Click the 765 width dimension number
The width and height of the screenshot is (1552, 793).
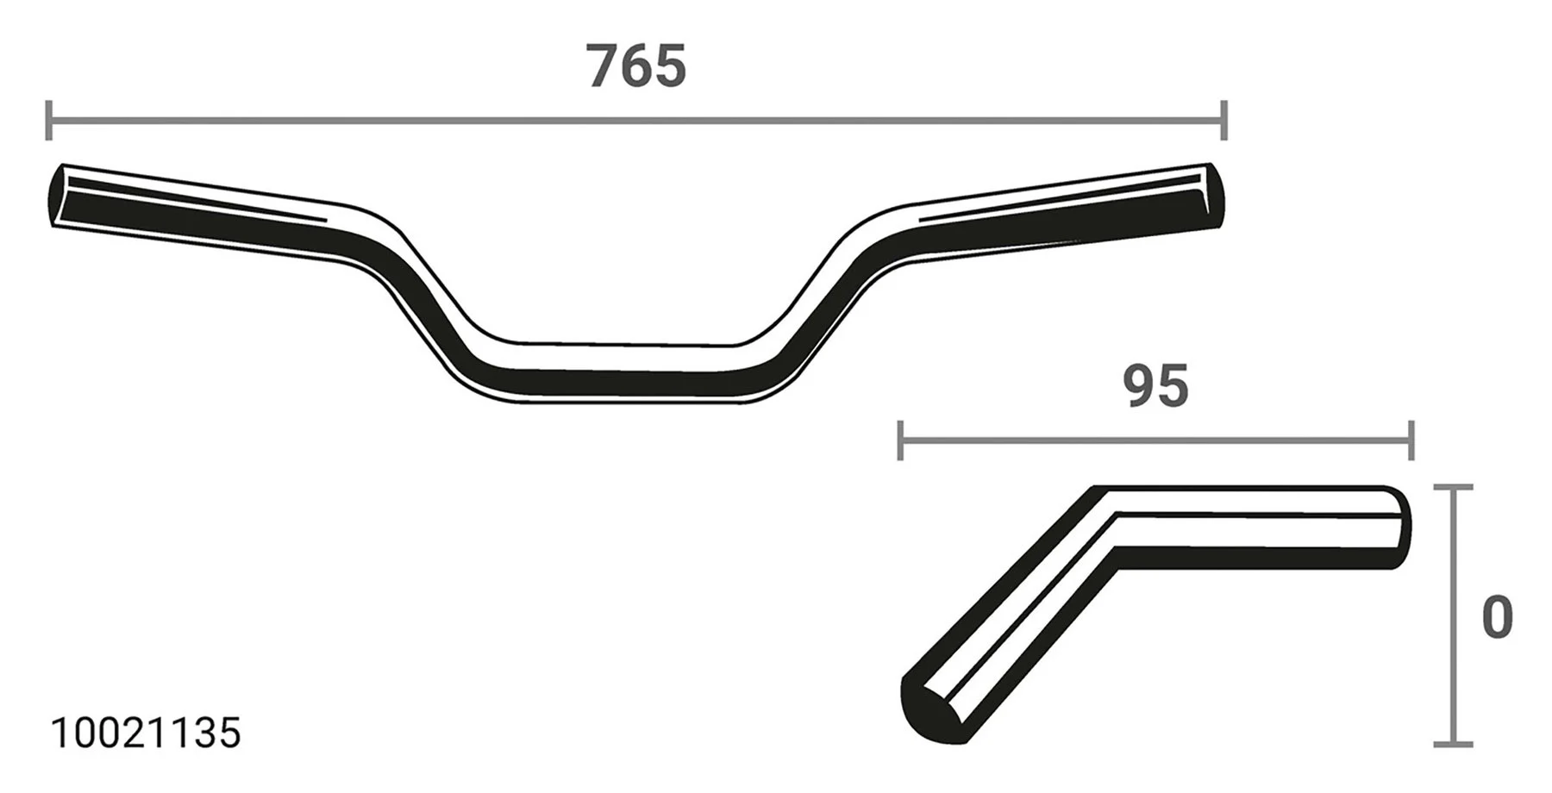pyautogui.click(x=636, y=67)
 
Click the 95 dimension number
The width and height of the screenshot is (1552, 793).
pyautogui.click(x=1155, y=387)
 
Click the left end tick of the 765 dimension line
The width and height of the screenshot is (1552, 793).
pyautogui.click(x=49, y=120)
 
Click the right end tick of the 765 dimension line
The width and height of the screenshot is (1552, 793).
pyautogui.click(x=1223, y=120)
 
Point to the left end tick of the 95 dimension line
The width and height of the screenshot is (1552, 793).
pyautogui.click(x=900, y=440)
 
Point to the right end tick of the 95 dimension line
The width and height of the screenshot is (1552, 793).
pyautogui.click(x=1411, y=440)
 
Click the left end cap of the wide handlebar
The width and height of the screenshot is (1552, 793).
pyautogui.click(x=57, y=196)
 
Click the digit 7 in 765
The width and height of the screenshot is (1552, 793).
pyautogui.click(x=605, y=67)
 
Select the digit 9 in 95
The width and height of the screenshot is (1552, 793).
pyautogui.click(x=1138, y=387)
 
